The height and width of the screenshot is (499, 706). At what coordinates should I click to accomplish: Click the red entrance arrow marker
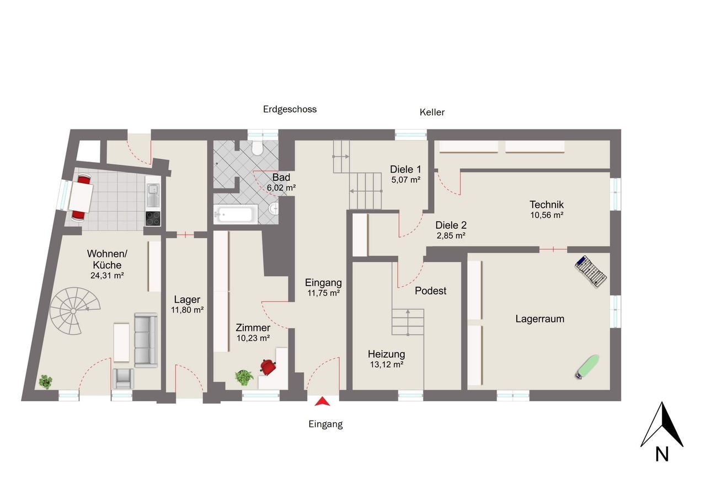click(x=322, y=401)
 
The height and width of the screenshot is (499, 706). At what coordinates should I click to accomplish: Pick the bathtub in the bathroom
click(x=236, y=214)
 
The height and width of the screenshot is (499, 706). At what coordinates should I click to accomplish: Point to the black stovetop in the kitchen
click(x=153, y=219)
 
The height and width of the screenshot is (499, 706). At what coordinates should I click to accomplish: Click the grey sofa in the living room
click(x=146, y=340)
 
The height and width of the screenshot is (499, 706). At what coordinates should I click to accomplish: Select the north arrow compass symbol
click(x=662, y=431)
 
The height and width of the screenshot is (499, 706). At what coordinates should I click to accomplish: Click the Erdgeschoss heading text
click(x=290, y=109)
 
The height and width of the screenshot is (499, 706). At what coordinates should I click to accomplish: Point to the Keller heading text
click(x=432, y=112)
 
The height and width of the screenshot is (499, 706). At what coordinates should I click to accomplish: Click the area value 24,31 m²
click(x=107, y=275)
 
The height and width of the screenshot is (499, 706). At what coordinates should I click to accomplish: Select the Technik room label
click(x=547, y=205)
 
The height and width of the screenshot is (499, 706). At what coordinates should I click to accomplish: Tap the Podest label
click(x=431, y=291)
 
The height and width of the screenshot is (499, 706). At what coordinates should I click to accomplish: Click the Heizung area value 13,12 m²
click(x=387, y=364)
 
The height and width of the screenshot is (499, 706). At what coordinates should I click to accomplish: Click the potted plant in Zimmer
click(x=244, y=378)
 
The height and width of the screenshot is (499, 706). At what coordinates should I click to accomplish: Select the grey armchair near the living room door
click(x=123, y=378)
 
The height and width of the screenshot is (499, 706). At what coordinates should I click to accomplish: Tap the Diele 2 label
click(x=451, y=226)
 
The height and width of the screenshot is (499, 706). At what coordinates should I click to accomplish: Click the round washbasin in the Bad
click(x=275, y=208)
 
